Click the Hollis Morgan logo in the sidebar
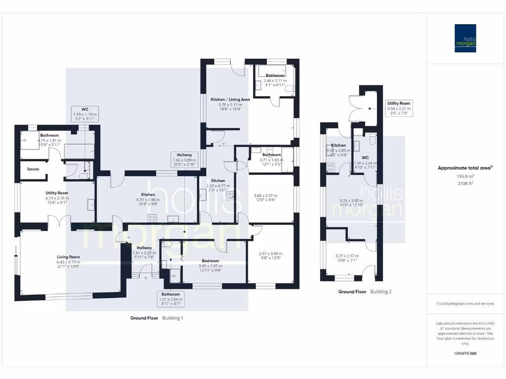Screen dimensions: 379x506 [465, 38]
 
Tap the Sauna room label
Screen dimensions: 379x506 [34, 169]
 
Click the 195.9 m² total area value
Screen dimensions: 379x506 [465, 176]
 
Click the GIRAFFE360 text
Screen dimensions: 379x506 [465, 353]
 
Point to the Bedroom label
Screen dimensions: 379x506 [210, 261]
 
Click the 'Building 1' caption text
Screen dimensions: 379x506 [172, 318]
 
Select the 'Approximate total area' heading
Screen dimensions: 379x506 [465, 168]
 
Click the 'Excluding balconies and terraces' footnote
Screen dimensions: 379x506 [465, 303]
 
